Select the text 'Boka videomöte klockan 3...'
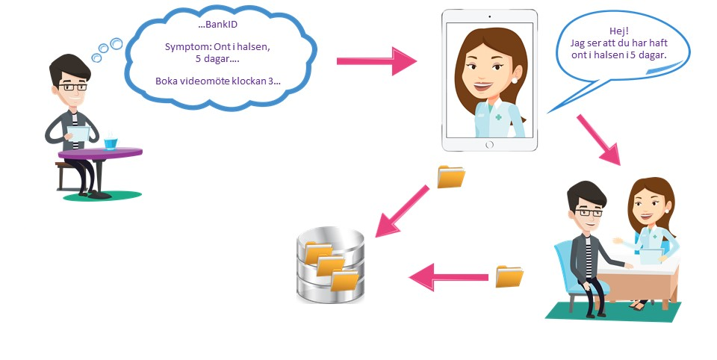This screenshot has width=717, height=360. [x=218, y=81]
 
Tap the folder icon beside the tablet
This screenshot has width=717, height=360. [x=451, y=176]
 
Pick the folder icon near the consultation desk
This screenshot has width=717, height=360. [x=510, y=276]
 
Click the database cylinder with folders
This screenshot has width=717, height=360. [x=330, y=265]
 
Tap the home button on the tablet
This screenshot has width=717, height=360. [x=490, y=144]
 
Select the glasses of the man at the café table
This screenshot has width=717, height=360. [x=74, y=87]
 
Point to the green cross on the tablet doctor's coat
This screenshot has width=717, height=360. [x=499, y=117]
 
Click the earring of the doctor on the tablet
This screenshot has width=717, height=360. [x=515, y=78]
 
